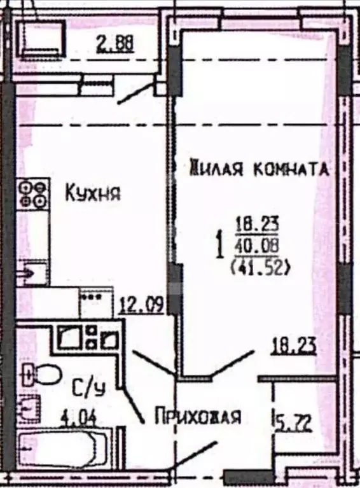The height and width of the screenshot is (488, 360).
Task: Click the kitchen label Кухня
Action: (93, 192)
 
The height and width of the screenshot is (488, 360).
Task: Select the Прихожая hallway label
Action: (198, 417)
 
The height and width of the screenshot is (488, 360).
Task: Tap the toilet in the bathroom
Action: (38, 375)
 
